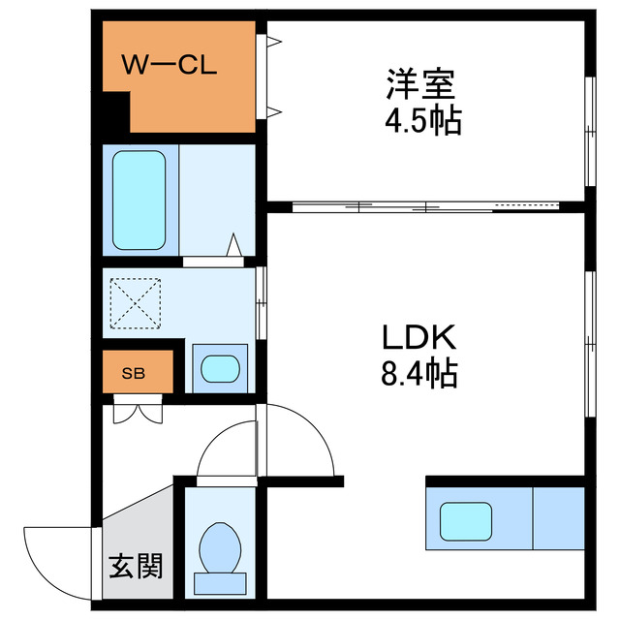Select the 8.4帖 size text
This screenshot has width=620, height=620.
[x=418, y=373]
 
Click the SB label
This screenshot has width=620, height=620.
[x=134, y=374]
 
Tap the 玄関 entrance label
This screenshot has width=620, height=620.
[x=135, y=565]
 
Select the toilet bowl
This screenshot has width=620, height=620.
[x=219, y=548]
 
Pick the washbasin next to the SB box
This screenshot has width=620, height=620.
[x=219, y=368]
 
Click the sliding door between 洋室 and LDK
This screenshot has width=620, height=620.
[x=426, y=205]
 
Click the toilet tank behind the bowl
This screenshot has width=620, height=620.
[x=219, y=582]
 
